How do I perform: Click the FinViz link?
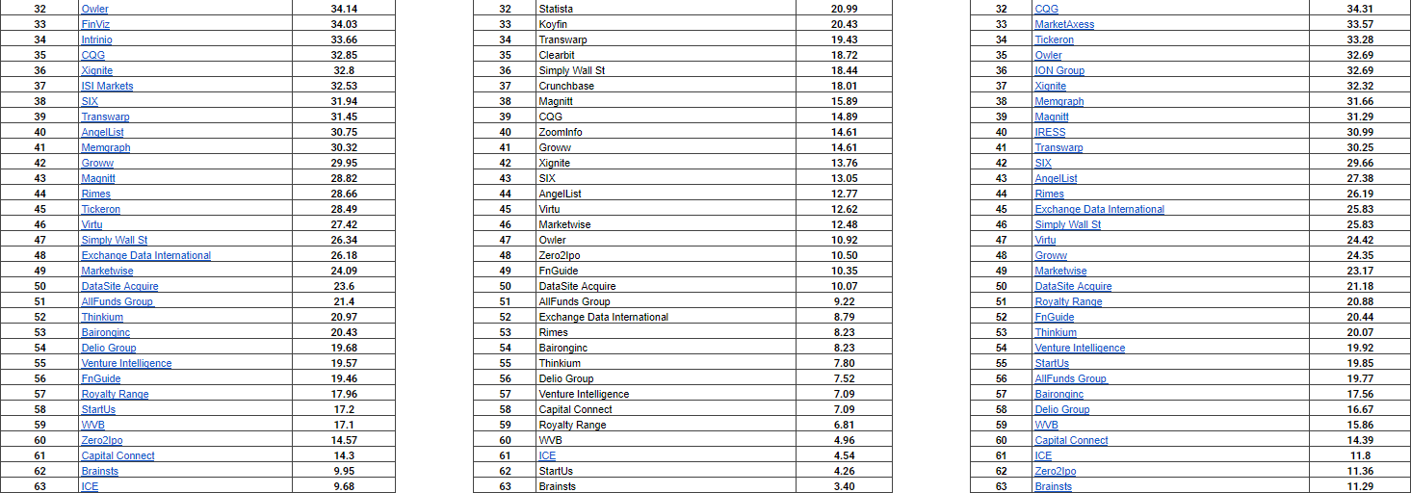[95, 24]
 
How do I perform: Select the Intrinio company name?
[96, 39]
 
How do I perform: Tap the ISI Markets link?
[107, 86]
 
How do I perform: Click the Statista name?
[556, 9]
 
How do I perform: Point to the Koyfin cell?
[553, 24]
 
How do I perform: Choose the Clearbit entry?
[558, 55]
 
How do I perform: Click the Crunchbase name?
[566, 86]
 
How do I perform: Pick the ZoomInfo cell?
[561, 132]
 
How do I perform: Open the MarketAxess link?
[1064, 24]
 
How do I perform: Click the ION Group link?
[1059, 70]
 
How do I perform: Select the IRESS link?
[1050, 132]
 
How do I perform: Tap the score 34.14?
[344, 9]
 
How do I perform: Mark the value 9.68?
[344, 486]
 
